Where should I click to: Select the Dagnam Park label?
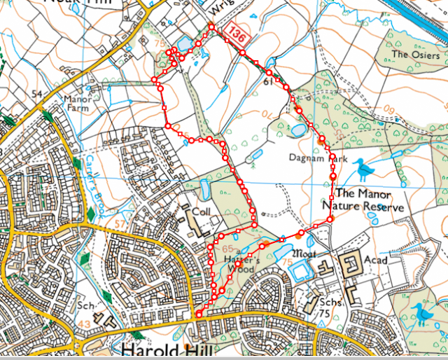tap(318, 159)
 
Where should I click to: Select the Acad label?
tap(375, 260)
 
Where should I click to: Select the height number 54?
tap(37, 93)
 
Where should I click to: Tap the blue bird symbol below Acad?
tap(421, 314)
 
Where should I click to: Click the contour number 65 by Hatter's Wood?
tap(227, 249)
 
